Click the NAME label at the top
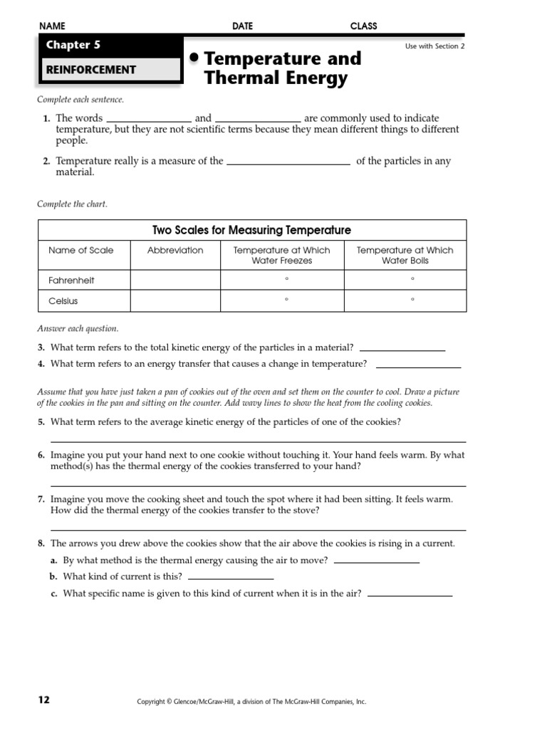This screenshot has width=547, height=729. pos(52,26)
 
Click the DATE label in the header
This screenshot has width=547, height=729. pos(242,26)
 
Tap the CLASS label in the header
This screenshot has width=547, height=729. pos(363,26)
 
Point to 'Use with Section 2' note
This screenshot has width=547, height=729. pos(434,46)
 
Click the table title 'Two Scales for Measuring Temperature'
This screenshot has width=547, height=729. pos(252,230)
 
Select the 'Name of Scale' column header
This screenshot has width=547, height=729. pos(80,250)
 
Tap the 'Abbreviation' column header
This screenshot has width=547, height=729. pos(175,250)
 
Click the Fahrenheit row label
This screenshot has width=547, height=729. pos(71,280)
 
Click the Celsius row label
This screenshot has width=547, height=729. pos(63,301)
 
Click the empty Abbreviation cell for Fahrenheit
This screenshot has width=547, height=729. pos(175,280)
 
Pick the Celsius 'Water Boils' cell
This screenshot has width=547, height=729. pos(405,301)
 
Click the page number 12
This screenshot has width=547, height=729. pos(44,700)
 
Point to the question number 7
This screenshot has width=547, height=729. pos(41,500)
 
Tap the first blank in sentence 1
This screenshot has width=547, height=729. pos(148,118)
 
